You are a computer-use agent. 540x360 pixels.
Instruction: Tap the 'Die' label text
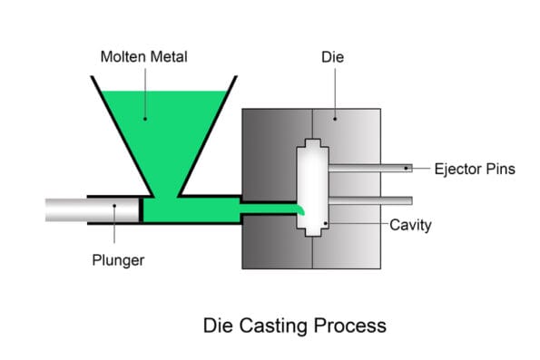333,57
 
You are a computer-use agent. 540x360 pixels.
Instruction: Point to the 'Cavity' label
409,224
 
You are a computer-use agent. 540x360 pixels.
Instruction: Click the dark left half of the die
268,154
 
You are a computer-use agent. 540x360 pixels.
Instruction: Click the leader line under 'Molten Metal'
143,91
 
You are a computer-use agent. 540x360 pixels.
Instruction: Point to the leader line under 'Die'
333,91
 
